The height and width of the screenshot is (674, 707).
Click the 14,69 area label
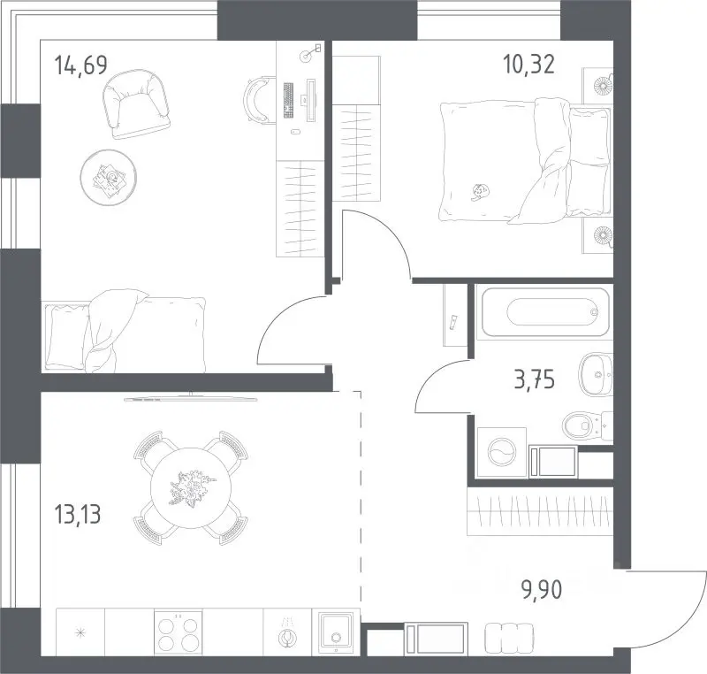[x=80, y=65]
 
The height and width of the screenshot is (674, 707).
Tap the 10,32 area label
[x=528, y=64]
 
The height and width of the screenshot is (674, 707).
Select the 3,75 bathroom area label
[x=535, y=379]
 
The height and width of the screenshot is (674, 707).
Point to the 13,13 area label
[x=77, y=514]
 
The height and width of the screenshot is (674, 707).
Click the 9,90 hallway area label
[x=542, y=590]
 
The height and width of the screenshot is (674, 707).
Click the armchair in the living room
[x=136, y=104]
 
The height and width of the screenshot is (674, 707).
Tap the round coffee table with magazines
[x=108, y=177]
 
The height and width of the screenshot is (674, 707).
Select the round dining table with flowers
[x=191, y=488]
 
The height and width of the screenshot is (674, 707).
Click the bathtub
[x=545, y=312]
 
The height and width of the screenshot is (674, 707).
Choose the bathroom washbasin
[x=596, y=374]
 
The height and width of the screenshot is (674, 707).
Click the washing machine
[x=501, y=453]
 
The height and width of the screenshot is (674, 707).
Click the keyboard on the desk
[x=288, y=100]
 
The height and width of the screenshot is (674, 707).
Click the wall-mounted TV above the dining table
[x=190, y=399]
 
